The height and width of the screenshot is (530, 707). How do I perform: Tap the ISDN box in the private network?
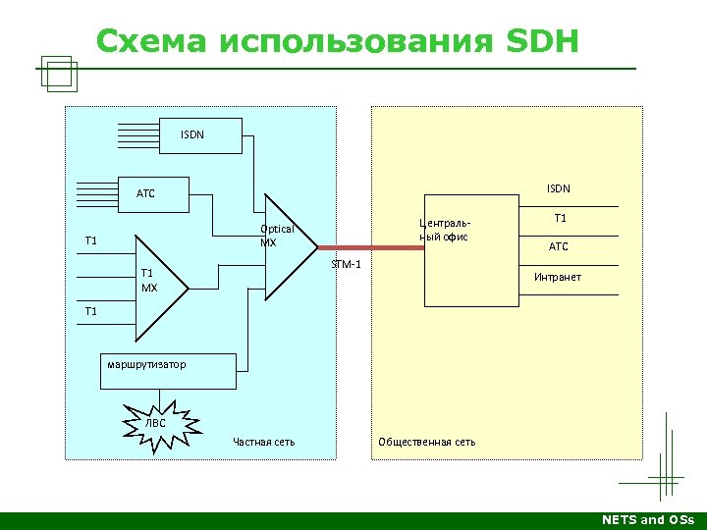(193, 134)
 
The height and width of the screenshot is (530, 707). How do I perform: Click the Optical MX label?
(276, 236)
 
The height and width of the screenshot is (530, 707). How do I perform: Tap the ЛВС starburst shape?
(157, 423)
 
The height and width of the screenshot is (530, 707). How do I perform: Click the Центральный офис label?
(444, 230)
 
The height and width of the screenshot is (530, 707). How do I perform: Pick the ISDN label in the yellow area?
(558, 188)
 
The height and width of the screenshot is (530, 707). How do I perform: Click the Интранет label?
(557, 277)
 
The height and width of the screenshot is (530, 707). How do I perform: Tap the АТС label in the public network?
(558, 246)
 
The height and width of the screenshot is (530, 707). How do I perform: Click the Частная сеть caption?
(263, 442)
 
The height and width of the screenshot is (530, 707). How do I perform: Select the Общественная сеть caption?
(426, 442)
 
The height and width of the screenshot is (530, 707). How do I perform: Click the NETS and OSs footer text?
(647, 520)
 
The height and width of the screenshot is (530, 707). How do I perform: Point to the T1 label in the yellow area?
(560, 218)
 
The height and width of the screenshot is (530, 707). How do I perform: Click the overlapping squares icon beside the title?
(59, 73)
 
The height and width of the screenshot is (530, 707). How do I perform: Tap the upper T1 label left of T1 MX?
(91, 240)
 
